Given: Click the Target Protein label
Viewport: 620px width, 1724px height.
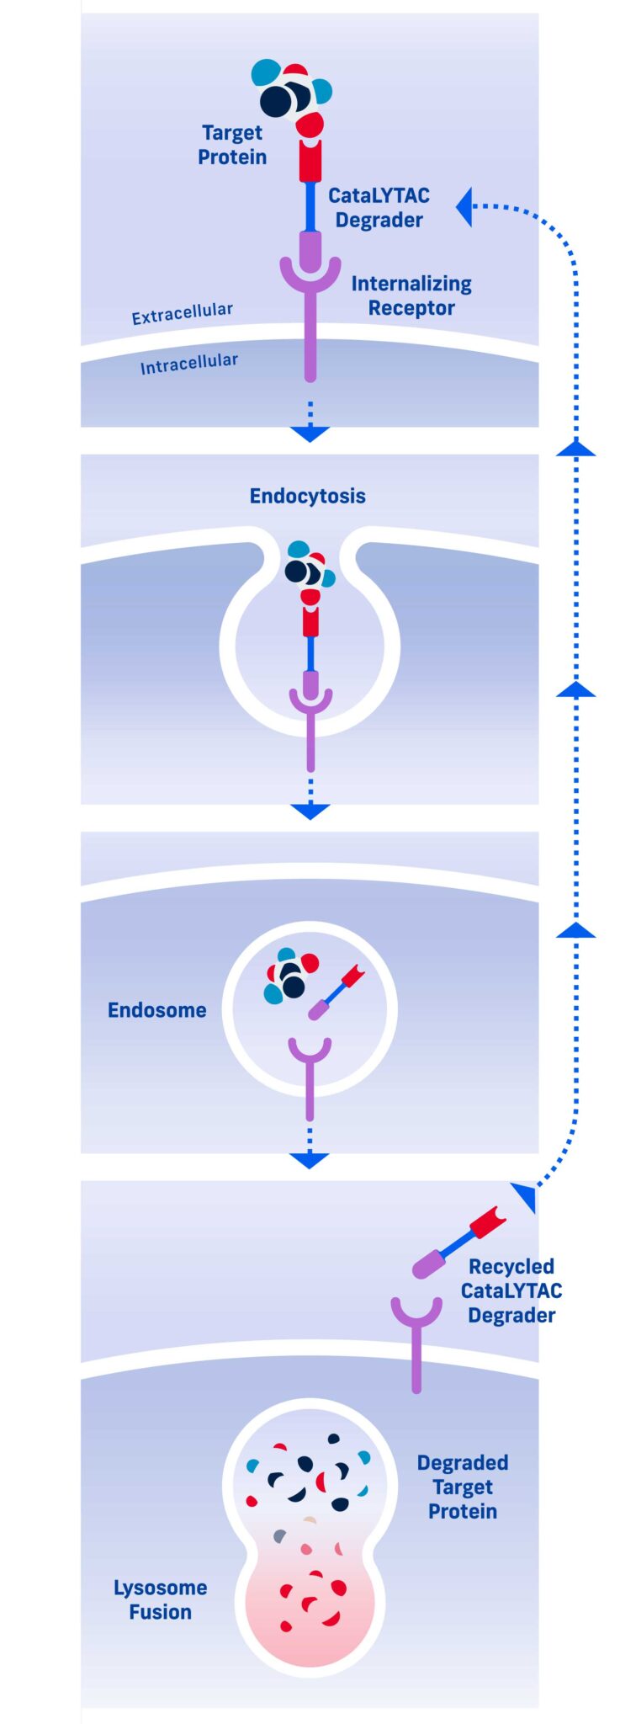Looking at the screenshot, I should tap(232, 145).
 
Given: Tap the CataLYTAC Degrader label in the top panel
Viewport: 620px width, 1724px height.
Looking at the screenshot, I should tap(379, 208).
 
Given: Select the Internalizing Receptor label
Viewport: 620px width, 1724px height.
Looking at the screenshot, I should tap(411, 295).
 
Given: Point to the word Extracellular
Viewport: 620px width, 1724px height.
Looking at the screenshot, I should tap(182, 313).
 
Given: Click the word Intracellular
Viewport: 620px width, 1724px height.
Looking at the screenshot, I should tap(188, 364).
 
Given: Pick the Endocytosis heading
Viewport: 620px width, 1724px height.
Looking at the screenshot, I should tap(308, 496).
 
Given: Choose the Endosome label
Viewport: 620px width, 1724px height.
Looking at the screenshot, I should tap(156, 1010).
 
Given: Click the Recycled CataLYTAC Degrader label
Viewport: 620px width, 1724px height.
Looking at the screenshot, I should tap(511, 1290).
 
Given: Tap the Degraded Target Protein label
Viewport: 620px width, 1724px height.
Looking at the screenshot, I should tap(463, 1487).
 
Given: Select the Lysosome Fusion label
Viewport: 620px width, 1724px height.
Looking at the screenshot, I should tap(160, 1599).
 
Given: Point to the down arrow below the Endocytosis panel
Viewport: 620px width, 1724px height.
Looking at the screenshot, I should tap(310, 811).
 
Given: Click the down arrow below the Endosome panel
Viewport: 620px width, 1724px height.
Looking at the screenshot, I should tap(310, 1160).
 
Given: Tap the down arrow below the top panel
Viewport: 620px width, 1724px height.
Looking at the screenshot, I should tap(310, 434).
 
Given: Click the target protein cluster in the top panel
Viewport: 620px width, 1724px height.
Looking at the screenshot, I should tap(291, 93).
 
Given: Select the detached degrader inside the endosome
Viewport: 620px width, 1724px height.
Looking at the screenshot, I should tap(336, 992).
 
